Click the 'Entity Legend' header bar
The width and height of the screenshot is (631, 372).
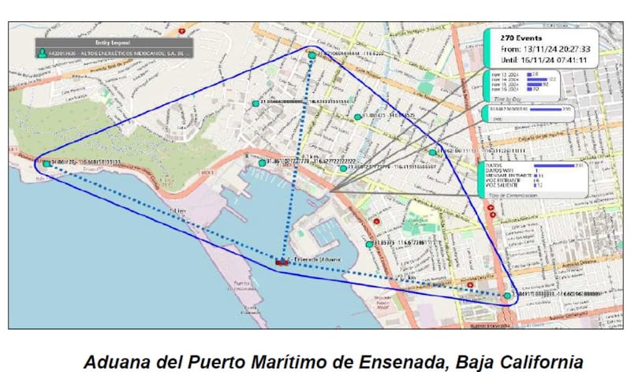coord(112,41)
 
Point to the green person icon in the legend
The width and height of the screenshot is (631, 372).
coord(42,54)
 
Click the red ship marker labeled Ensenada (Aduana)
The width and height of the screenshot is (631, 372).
coord(282,259)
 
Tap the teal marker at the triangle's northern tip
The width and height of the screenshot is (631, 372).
coord(312,54)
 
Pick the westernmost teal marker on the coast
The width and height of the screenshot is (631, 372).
coord(47,164)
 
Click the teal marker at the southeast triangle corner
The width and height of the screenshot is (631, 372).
coord(507,296)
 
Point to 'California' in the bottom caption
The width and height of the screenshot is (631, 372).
coord(547,360)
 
